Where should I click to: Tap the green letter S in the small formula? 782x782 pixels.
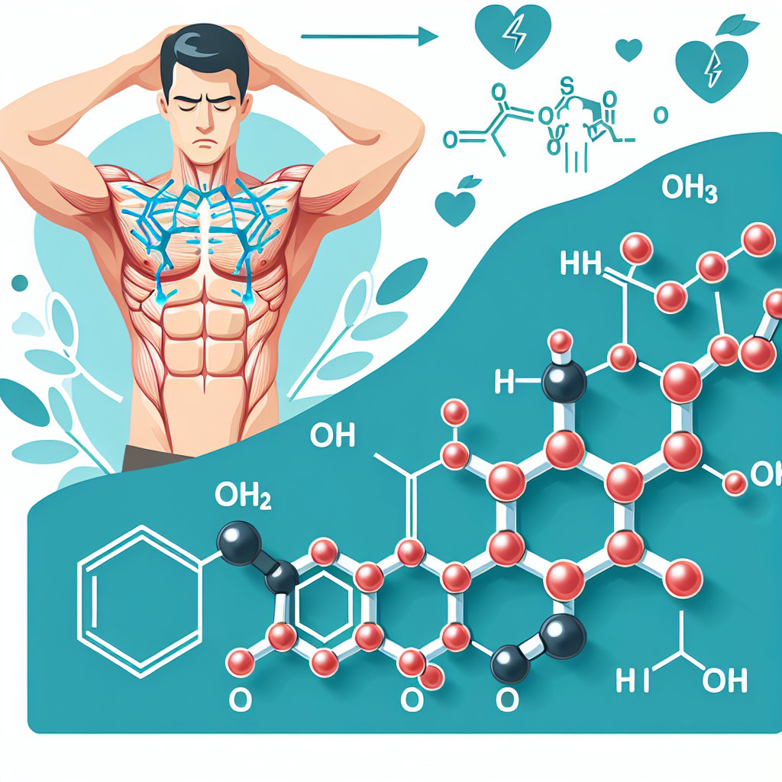point(566,82)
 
